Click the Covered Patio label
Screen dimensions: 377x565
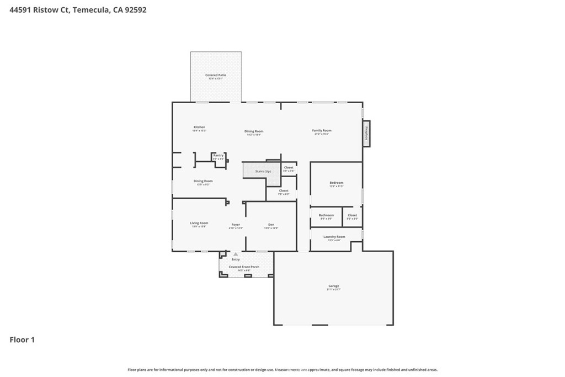(x=216, y=75)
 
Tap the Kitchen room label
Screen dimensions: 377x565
(x=199, y=127)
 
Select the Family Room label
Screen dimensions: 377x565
(x=322, y=130)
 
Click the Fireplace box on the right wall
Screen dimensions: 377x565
(x=366, y=134)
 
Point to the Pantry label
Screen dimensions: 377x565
(x=219, y=156)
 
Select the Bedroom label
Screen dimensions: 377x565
(x=337, y=183)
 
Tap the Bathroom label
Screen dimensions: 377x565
(x=326, y=215)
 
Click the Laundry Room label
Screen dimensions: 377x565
(x=334, y=237)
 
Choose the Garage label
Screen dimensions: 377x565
(x=334, y=286)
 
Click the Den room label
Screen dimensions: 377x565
(x=271, y=225)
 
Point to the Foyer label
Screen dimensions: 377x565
(x=236, y=225)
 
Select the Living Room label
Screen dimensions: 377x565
(x=199, y=223)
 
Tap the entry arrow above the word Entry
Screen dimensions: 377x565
(x=236, y=254)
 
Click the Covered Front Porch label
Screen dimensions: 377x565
(x=244, y=267)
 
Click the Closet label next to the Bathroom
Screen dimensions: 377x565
(x=352, y=215)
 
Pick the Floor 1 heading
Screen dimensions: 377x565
(x=22, y=340)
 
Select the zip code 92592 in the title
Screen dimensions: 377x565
(x=135, y=10)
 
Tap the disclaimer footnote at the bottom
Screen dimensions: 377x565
(x=282, y=370)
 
